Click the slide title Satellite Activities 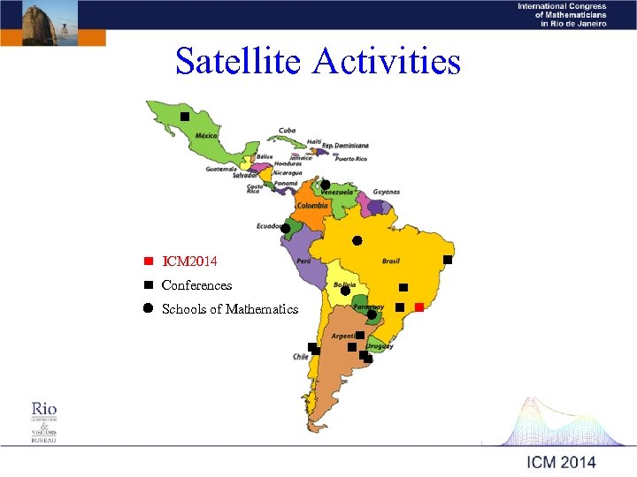click(x=318, y=62)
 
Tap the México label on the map click(x=206, y=135)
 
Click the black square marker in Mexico click(x=185, y=117)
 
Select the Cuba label click(x=287, y=130)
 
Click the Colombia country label click(x=312, y=206)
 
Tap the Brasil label click(x=390, y=261)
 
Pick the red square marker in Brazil click(x=419, y=307)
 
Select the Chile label click(x=301, y=357)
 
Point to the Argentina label click(x=344, y=337)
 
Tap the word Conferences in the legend click(x=196, y=285)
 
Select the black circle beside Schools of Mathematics click(x=148, y=308)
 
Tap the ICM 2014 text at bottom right click(x=561, y=462)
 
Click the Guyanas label click(x=387, y=192)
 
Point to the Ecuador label click(x=268, y=226)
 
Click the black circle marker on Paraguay click(x=372, y=314)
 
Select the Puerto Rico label click(x=350, y=158)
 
